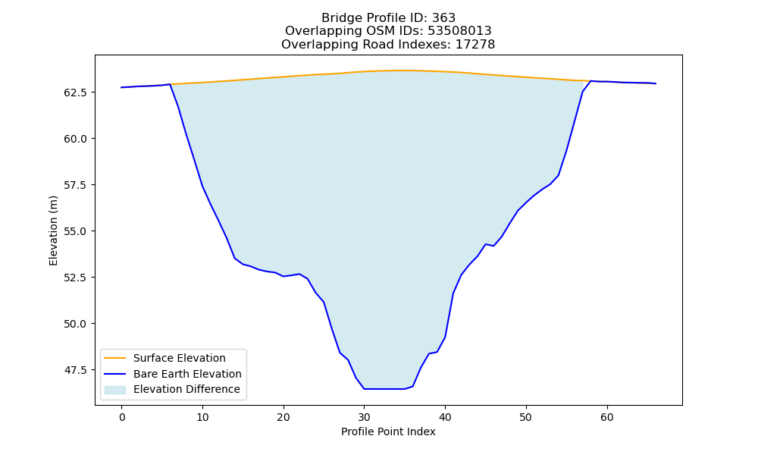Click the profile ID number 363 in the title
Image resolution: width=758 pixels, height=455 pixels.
click(x=443, y=18)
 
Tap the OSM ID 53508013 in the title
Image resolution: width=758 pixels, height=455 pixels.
click(x=459, y=31)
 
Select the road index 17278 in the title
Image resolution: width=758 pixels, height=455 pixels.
click(x=475, y=45)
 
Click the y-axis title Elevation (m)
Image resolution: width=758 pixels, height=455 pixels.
click(x=53, y=231)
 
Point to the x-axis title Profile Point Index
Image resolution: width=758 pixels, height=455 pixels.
click(x=388, y=431)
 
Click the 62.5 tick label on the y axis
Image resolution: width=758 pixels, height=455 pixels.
click(x=76, y=93)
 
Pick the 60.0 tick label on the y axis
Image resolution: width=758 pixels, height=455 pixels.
click(x=76, y=139)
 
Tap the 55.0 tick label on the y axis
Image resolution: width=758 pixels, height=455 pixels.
click(x=76, y=231)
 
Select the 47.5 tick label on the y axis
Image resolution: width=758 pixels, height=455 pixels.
click(x=76, y=370)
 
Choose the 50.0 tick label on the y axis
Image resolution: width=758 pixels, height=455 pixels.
click(x=76, y=324)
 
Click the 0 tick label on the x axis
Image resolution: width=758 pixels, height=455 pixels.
click(x=122, y=417)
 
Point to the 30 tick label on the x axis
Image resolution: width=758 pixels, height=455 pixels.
click(x=365, y=417)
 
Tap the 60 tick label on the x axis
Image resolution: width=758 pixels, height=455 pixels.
click(x=607, y=417)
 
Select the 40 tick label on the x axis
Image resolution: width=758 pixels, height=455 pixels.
click(x=445, y=417)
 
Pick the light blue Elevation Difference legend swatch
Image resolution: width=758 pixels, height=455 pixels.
click(x=115, y=389)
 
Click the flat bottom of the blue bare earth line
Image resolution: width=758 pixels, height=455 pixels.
click(x=384, y=389)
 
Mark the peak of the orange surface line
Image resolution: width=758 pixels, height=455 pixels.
click(x=397, y=71)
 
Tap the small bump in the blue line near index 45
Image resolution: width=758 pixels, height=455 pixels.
click(x=486, y=244)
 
